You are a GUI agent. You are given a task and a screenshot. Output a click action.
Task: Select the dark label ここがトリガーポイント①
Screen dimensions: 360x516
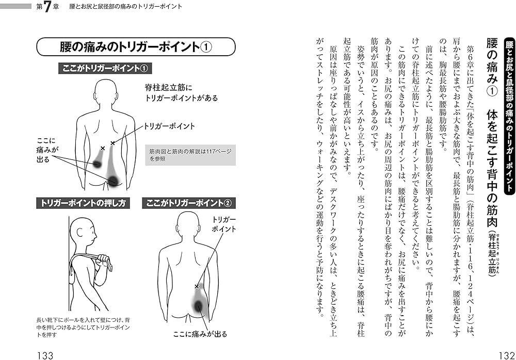[105, 69]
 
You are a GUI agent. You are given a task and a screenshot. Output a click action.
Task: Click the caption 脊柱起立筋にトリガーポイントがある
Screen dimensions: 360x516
[181, 92]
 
